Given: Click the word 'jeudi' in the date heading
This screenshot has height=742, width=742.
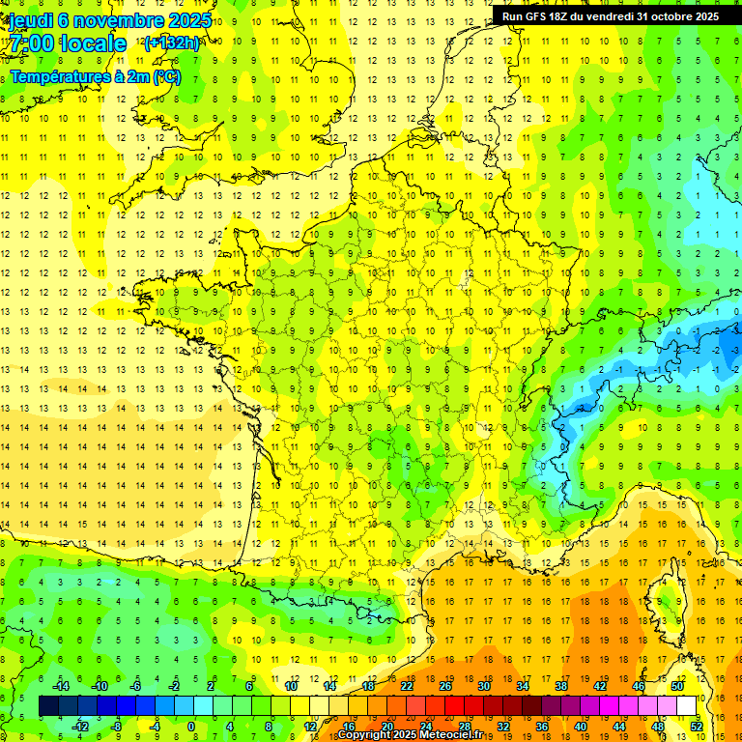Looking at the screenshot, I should [30, 19].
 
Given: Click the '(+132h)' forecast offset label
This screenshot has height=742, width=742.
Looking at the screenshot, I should [172, 43].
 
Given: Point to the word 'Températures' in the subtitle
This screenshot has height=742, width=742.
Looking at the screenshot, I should [57, 76].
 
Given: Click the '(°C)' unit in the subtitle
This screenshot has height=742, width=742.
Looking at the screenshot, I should [165, 76].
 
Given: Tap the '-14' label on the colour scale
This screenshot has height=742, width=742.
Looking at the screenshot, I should [61, 686].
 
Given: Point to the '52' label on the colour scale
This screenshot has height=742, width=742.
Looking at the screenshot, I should [697, 727].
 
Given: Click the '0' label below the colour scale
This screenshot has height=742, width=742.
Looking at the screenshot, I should [190, 727].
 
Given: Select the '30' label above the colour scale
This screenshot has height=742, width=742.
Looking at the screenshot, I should [483, 686].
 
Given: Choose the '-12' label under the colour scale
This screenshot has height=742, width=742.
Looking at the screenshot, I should [80, 727].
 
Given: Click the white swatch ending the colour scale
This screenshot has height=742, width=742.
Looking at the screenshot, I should [687, 706].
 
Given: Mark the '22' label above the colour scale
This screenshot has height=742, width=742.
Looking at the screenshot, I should [407, 686].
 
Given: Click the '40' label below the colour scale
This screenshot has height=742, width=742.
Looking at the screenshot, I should [581, 727].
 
